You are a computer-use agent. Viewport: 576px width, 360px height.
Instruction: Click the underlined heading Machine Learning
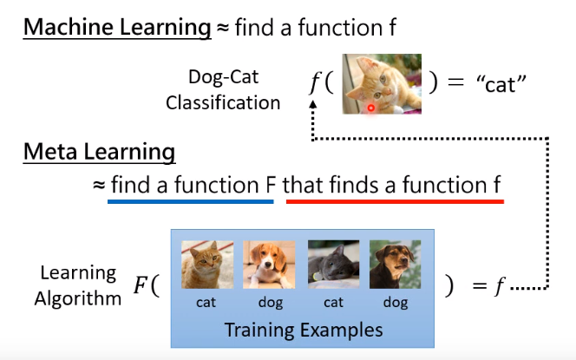click(x=117, y=28)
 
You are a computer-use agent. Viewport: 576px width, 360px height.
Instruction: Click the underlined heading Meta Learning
click(x=99, y=154)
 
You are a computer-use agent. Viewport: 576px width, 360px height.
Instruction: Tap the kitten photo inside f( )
click(x=377, y=84)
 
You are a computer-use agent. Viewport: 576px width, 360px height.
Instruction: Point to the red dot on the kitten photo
click(x=370, y=108)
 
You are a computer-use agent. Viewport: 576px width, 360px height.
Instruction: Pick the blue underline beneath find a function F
click(x=190, y=201)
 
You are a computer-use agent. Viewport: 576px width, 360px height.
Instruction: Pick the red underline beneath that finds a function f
click(x=394, y=201)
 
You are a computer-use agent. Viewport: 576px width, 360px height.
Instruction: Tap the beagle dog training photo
click(x=268, y=265)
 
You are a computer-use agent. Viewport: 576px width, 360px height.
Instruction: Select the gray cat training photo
click(x=332, y=265)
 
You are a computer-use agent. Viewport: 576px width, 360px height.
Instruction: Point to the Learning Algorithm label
click(x=78, y=286)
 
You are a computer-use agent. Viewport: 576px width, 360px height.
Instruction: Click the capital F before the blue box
click(x=141, y=287)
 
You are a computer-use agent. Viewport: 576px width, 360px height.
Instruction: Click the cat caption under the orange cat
click(x=206, y=304)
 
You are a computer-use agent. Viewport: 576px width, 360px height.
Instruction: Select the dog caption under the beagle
click(x=269, y=304)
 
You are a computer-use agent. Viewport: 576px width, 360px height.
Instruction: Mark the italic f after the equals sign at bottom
click(x=499, y=287)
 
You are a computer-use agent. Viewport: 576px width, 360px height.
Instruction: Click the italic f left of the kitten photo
click(x=314, y=84)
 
